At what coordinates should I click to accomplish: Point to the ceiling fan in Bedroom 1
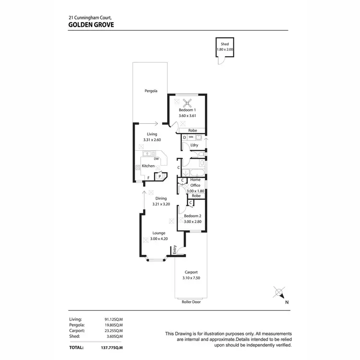(x=187, y=102)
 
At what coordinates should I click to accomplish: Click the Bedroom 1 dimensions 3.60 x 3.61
(x=187, y=116)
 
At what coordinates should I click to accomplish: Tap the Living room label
(x=152, y=134)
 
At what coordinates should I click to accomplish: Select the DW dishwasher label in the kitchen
(x=156, y=159)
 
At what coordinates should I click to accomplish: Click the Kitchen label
(x=148, y=166)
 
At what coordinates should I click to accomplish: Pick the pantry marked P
(x=160, y=176)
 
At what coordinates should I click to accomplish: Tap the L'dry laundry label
(x=194, y=145)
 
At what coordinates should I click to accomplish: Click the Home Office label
(x=195, y=182)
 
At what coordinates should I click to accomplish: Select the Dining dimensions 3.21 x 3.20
(x=161, y=204)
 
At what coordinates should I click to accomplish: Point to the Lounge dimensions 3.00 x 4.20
(x=159, y=239)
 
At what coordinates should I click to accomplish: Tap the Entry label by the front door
(x=175, y=249)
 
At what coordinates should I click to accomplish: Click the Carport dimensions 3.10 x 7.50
(x=191, y=278)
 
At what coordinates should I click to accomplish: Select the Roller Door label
(x=191, y=302)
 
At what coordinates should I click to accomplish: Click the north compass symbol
(x=278, y=292)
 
